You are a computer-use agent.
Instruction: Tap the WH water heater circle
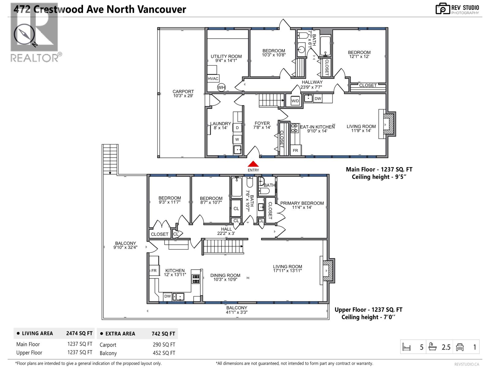(221, 87)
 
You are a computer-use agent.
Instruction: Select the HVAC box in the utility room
(213, 79)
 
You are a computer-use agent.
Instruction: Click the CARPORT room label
(183, 94)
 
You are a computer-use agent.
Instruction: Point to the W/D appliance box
(295, 101)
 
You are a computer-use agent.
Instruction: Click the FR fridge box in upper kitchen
(154, 270)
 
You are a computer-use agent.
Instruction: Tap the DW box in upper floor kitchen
(167, 296)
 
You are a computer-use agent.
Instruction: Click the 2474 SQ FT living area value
(79, 333)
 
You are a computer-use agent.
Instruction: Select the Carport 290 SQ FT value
(164, 345)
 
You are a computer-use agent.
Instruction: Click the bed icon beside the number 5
(406, 347)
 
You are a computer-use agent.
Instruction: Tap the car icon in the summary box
(460, 347)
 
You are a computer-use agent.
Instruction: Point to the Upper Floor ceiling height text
(368, 317)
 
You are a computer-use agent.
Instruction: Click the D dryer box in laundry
(237, 128)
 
